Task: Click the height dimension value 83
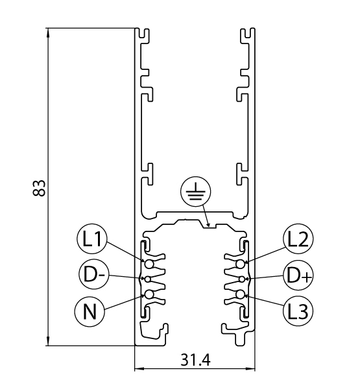(39, 188)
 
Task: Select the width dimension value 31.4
(195, 360)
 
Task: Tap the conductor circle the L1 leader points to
(149, 264)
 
